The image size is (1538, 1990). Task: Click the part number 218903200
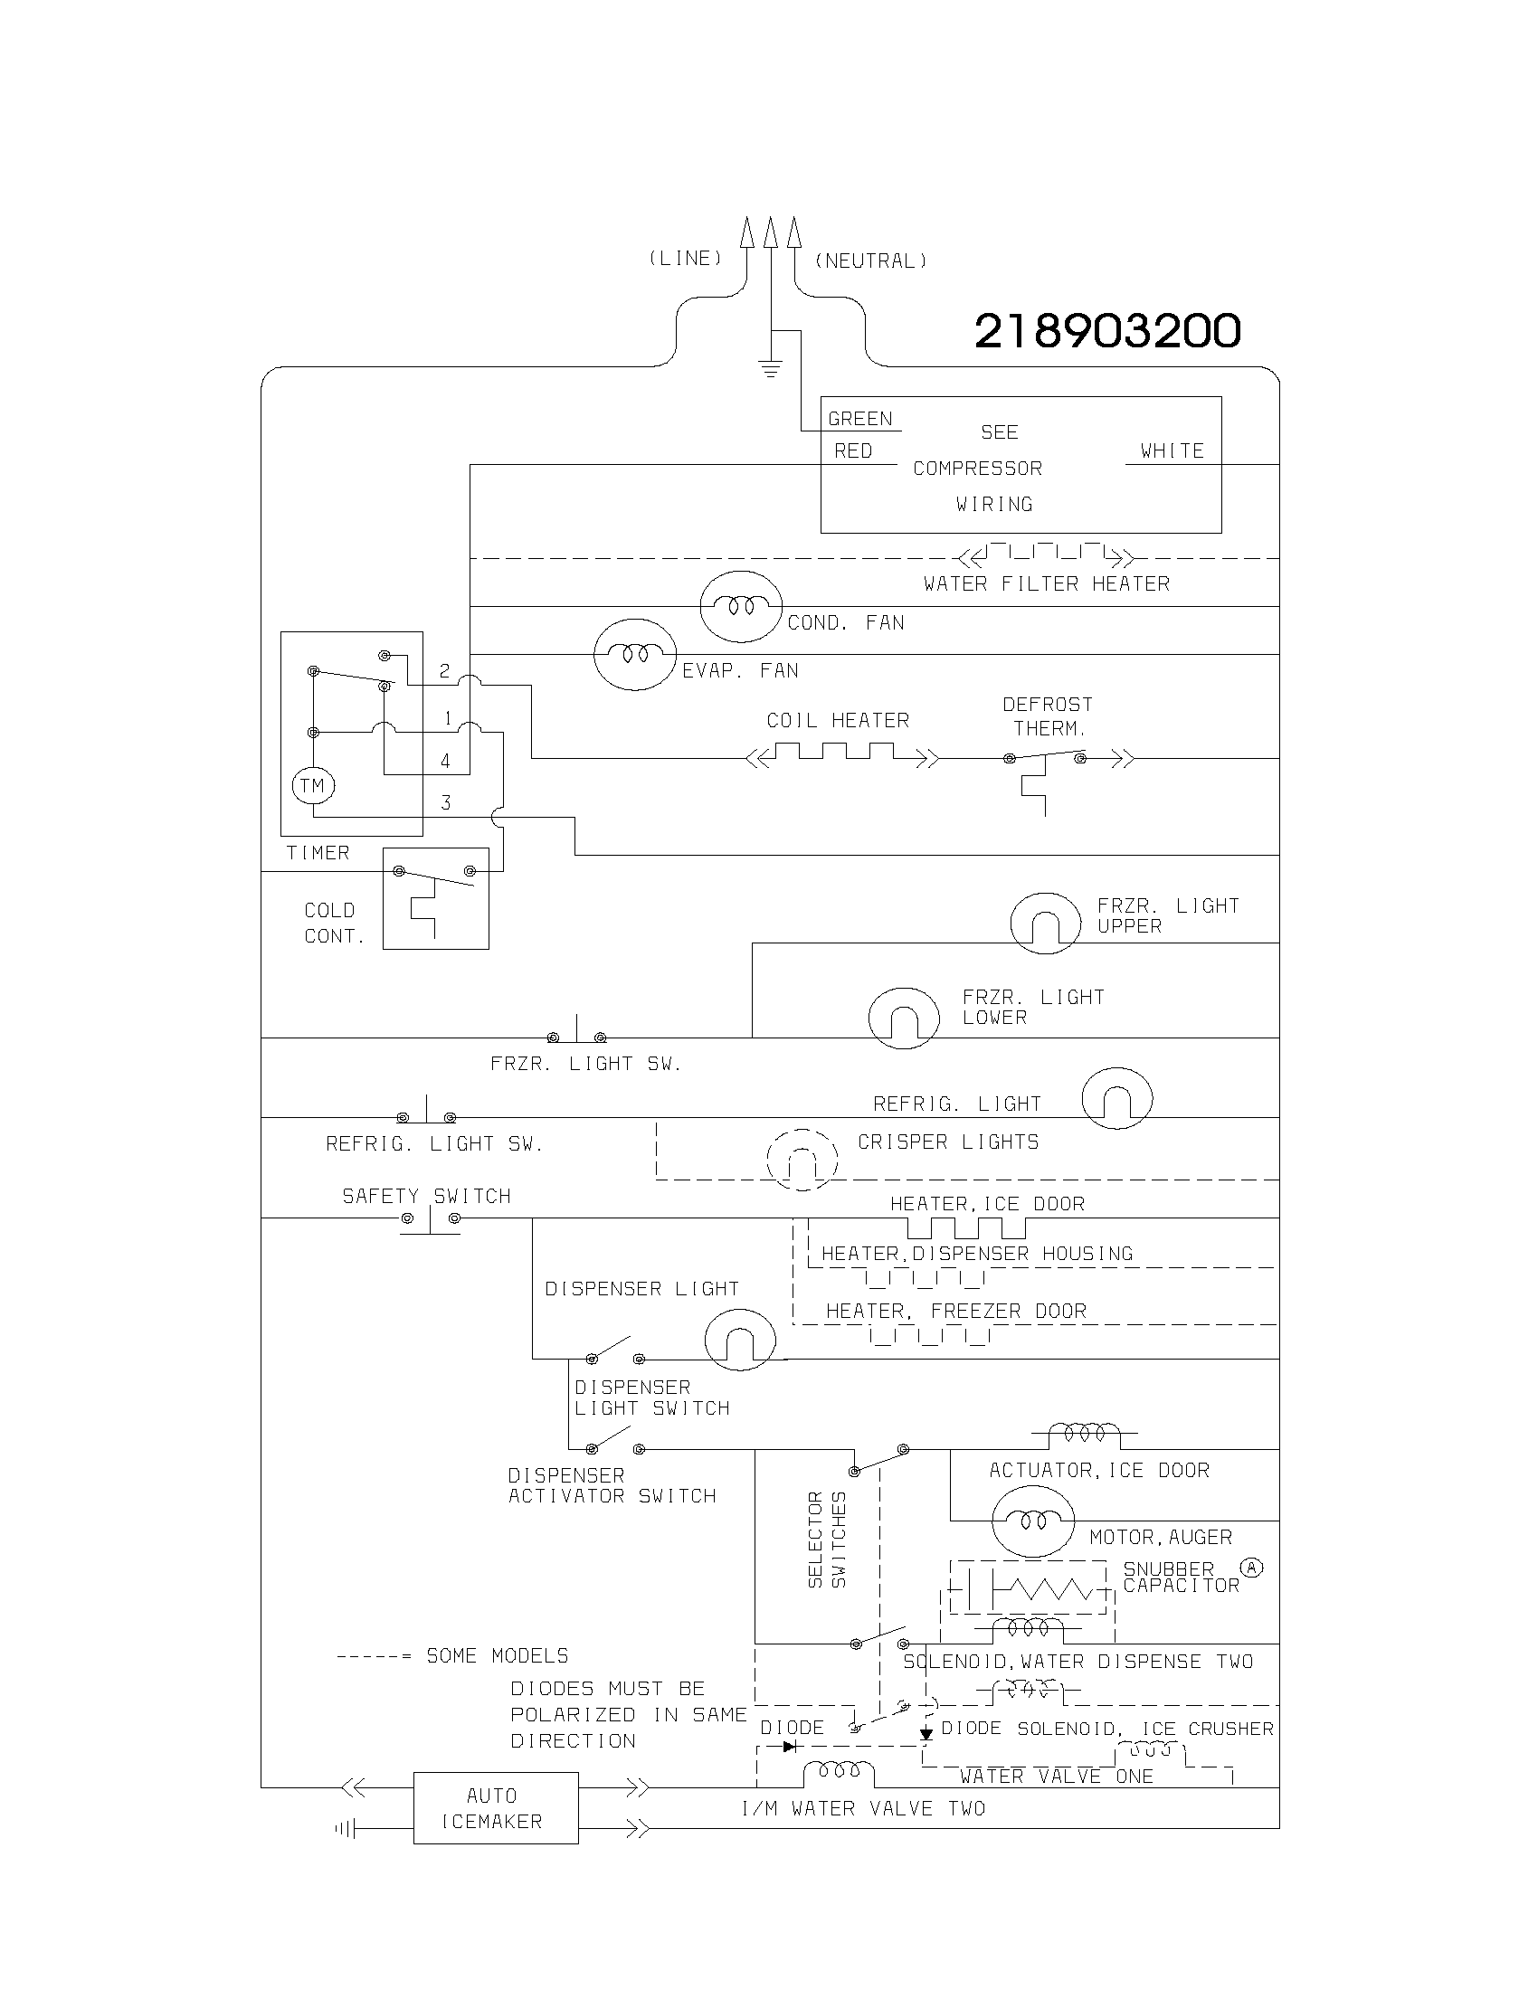click(x=1107, y=331)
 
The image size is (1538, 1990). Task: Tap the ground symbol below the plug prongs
click(x=771, y=369)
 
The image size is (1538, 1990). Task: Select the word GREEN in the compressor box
click(x=859, y=419)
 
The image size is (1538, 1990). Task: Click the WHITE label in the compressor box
click(x=1172, y=451)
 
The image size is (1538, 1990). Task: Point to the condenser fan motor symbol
click(x=741, y=606)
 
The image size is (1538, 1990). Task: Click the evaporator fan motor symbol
click(x=635, y=654)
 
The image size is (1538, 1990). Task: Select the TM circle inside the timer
click(x=312, y=785)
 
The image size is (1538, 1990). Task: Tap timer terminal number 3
click(x=445, y=802)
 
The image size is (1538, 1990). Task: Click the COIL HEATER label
click(x=838, y=721)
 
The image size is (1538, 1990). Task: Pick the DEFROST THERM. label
click(x=1048, y=716)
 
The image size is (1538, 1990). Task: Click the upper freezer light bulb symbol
click(x=1046, y=923)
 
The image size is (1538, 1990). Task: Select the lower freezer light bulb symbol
click(x=903, y=1018)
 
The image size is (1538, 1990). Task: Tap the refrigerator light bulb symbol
click(x=1117, y=1098)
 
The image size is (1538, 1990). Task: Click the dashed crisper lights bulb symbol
click(x=802, y=1160)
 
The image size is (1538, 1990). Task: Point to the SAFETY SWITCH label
click(x=426, y=1197)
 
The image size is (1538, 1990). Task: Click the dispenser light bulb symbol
click(x=740, y=1340)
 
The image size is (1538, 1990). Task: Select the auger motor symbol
click(x=1033, y=1520)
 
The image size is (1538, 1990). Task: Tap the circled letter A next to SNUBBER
click(x=1252, y=1568)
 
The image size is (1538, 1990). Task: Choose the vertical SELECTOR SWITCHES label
click(x=827, y=1539)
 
